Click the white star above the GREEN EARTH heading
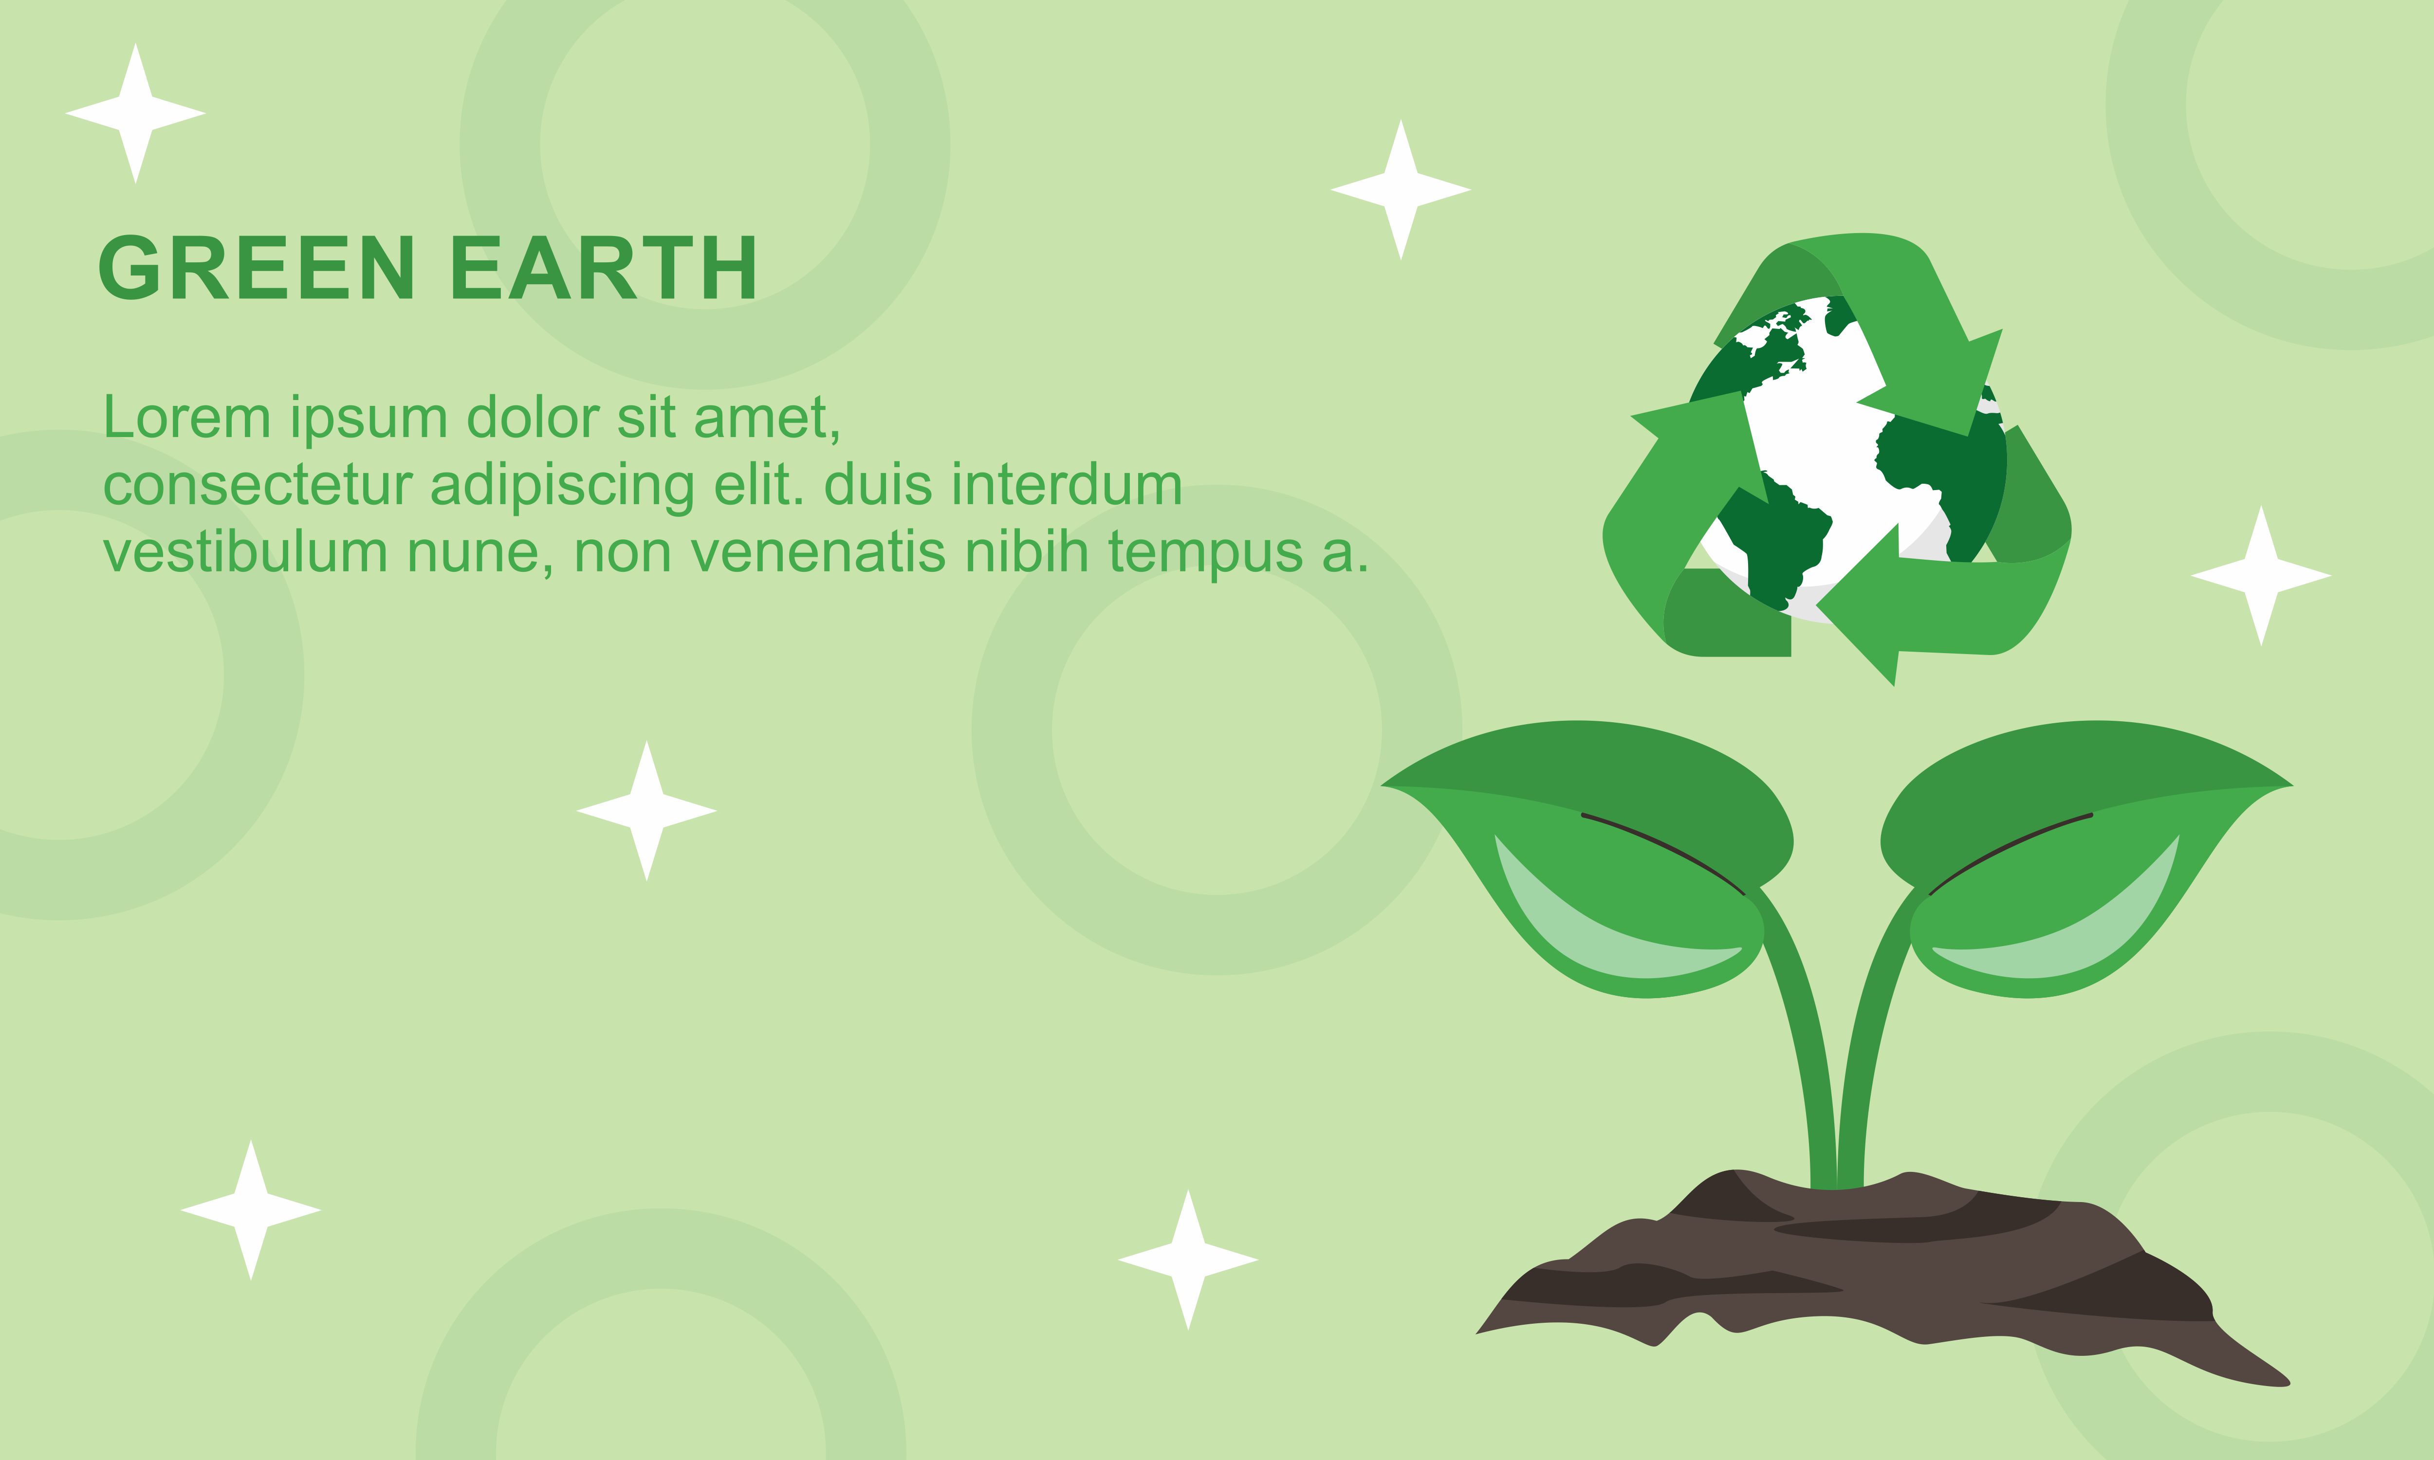coord(136,113)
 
